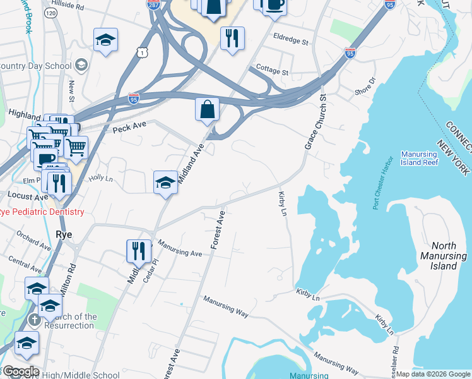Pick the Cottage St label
point(272,72)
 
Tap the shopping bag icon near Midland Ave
point(207,109)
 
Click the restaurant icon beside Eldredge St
point(232,38)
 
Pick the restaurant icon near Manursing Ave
point(138,251)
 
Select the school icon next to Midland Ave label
point(165,183)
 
